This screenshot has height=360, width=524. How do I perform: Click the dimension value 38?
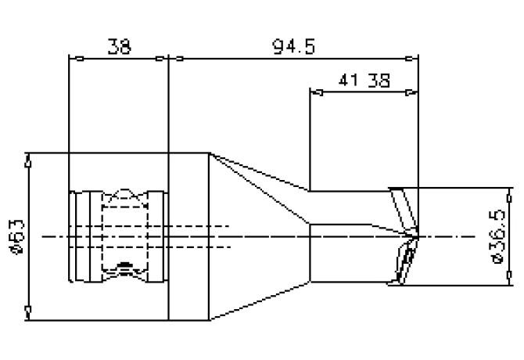[120, 47]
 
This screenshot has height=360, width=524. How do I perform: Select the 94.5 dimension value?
[293, 47]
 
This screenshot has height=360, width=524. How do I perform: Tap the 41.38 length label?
[365, 80]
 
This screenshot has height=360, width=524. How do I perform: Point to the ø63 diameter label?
[17, 236]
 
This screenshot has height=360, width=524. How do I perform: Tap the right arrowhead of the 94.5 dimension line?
[413, 58]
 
